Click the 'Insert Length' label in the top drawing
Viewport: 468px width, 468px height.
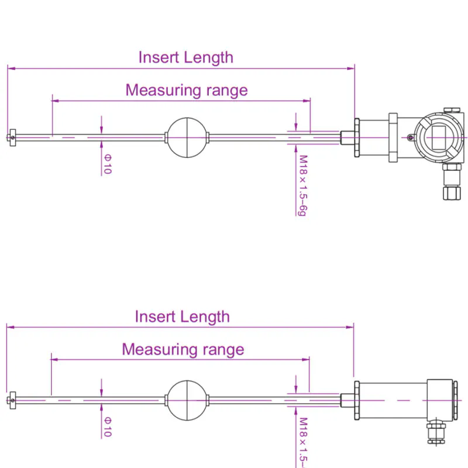(x=185, y=57)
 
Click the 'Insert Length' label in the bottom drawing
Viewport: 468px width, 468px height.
(x=182, y=316)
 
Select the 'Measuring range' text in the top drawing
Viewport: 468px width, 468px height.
(x=186, y=90)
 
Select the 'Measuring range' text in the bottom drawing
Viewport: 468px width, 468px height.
(x=183, y=349)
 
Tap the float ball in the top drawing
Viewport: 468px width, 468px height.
(x=187, y=137)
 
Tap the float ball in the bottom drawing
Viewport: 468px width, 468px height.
(x=187, y=400)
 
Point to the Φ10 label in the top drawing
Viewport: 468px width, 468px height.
(x=107, y=164)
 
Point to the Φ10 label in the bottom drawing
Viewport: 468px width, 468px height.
(x=107, y=426)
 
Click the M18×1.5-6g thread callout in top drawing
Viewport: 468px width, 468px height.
(x=302, y=185)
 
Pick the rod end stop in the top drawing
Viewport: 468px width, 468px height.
(x=12, y=138)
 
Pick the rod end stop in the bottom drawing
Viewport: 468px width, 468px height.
(x=12, y=400)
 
